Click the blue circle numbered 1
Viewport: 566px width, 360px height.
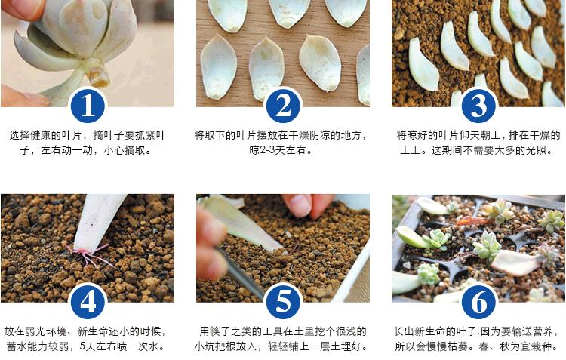tap(88, 105)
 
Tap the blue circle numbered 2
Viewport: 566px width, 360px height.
tap(283, 105)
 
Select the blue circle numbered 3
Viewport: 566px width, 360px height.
tap(478, 105)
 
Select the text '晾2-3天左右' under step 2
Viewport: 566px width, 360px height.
tap(282, 150)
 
